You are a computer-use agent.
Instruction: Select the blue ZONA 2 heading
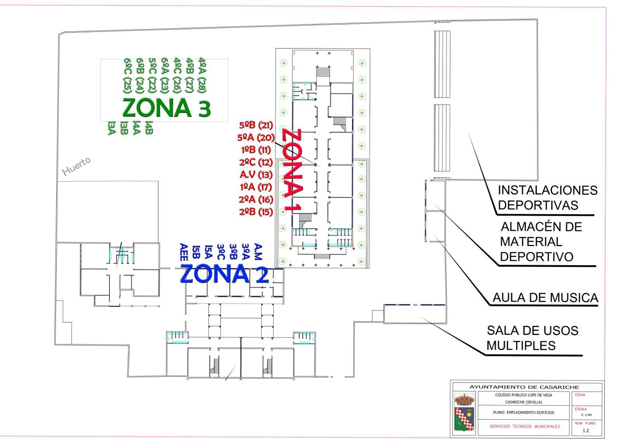[224, 274]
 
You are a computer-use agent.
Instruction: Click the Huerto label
[77, 166]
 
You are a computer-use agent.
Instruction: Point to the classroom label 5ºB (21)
[256, 125]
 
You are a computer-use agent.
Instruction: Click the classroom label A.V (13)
[256, 175]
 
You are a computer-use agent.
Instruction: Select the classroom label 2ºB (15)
[256, 212]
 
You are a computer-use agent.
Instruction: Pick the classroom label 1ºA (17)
[256, 187]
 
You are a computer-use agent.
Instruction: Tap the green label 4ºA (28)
[202, 75]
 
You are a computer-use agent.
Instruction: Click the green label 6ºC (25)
[127, 75]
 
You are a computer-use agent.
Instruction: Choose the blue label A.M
[258, 252]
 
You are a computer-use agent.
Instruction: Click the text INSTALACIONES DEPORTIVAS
[547, 198]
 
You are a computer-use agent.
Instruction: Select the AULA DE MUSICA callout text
[545, 298]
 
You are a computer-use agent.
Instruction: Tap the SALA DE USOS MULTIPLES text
[532, 338]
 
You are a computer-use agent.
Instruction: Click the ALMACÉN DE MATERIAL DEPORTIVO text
[541, 241]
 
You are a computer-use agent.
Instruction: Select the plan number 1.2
[586, 430]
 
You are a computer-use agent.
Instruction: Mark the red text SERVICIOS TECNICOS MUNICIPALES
[525, 426]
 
